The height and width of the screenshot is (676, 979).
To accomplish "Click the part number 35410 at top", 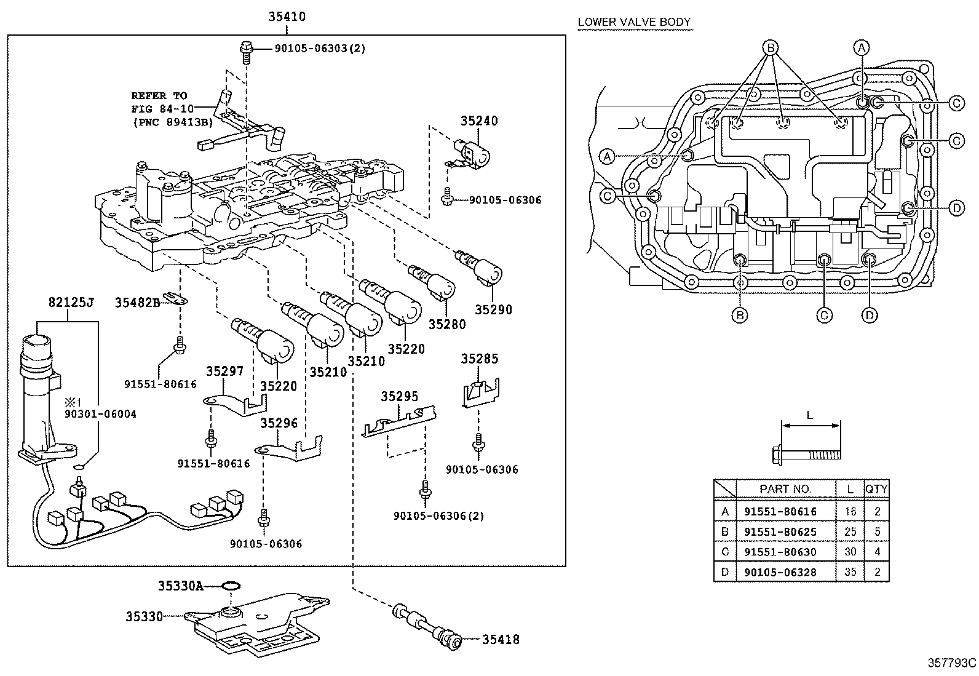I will point(286,17).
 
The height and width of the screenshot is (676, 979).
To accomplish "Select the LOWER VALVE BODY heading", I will point(634,22).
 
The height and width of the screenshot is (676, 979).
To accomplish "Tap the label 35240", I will point(478,121).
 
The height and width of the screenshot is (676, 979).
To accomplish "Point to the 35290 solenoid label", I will point(493,310).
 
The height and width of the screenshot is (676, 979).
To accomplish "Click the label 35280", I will point(447,324).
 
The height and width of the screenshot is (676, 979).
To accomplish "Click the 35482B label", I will point(137,302).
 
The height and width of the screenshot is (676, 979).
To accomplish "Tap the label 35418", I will point(500,640).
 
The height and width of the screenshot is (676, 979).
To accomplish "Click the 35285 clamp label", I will point(480,359).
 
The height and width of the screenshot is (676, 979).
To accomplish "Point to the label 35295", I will point(399,396).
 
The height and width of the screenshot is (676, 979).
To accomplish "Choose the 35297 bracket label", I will point(224,371).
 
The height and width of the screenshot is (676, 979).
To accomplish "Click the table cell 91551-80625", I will point(780,531).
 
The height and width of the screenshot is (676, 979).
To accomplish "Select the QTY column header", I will point(876,489).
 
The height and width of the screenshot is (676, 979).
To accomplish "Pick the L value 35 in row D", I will point(850,572).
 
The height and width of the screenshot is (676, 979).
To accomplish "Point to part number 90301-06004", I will point(101,414).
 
